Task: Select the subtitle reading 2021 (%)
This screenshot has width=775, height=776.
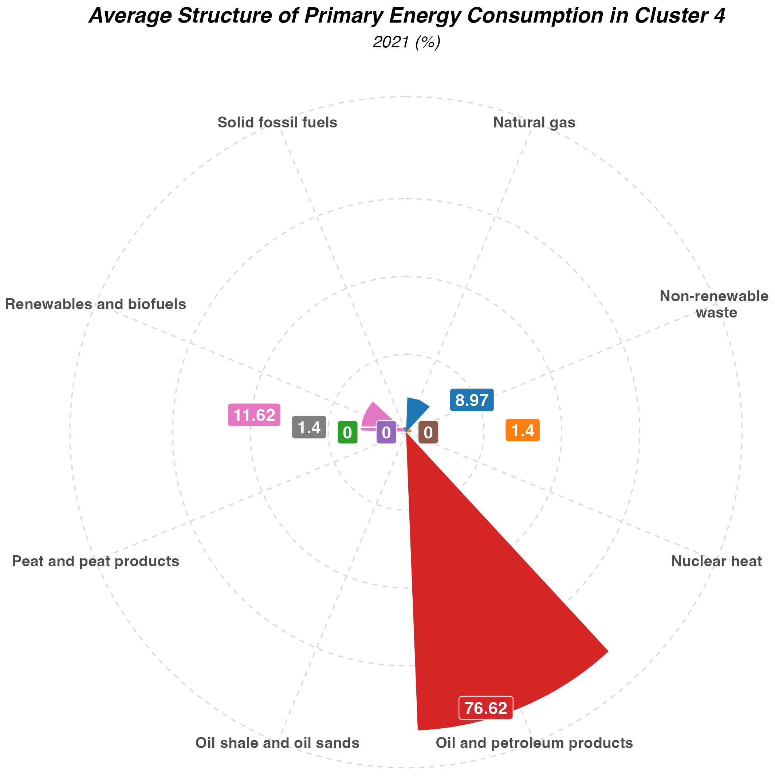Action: pos(406,42)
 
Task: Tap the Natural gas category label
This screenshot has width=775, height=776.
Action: pos(534,122)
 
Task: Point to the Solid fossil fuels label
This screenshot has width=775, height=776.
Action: pos(277,122)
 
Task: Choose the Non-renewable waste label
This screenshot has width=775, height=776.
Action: pos(714,304)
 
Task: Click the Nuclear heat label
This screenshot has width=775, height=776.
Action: pos(716,561)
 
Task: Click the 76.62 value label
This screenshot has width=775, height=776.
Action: pos(486,708)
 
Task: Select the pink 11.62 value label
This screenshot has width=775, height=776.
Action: pos(254,415)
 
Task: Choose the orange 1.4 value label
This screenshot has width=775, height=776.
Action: pos(522,430)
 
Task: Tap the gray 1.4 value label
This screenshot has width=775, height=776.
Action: pos(308,427)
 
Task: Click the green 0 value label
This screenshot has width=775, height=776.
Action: pos(347,433)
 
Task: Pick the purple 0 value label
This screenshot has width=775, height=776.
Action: pos(386,433)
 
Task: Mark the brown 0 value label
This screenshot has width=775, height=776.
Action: pos(428,433)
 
